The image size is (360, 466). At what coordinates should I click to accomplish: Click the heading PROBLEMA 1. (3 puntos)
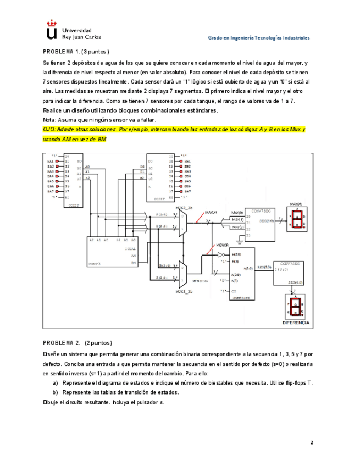pos(77,52)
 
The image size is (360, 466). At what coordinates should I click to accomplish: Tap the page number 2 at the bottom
pos(311,442)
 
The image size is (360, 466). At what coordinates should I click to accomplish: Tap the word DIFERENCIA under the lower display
pos(296,323)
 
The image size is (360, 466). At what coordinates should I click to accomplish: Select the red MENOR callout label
pos(222,246)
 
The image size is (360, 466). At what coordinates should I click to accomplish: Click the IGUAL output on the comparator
pos(131,248)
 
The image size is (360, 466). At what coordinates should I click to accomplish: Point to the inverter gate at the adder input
pos(221,255)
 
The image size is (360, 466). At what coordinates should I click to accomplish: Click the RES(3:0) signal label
pos(264,267)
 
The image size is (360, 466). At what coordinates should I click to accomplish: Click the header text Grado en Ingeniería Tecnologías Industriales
pos(258,38)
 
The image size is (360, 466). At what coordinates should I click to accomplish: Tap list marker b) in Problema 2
pos(55,392)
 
